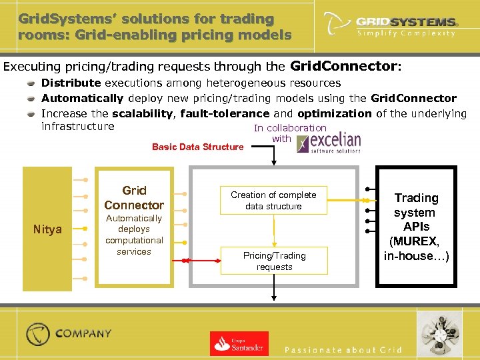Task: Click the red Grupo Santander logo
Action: (x=239, y=343)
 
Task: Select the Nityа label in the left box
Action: (x=47, y=229)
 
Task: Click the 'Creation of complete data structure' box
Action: (x=273, y=200)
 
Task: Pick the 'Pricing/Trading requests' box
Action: (x=274, y=261)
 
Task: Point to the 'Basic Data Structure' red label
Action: (x=197, y=147)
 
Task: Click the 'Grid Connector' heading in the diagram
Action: (x=134, y=198)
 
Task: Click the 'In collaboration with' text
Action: (x=289, y=133)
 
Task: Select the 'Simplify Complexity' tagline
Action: (x=406, y=33)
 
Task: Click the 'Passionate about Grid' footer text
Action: (x=343, y=350)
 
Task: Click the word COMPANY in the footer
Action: (x=83, y=333)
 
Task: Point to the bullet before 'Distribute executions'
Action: (x=31, y=83)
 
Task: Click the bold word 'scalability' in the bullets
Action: (x=142, y=113)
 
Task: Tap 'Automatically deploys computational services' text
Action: (x=134, y=235)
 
